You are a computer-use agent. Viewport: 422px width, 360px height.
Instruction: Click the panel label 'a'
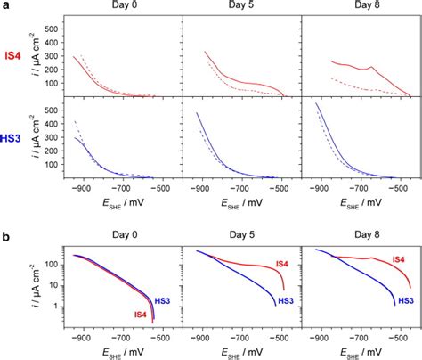[x=5, y=6]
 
